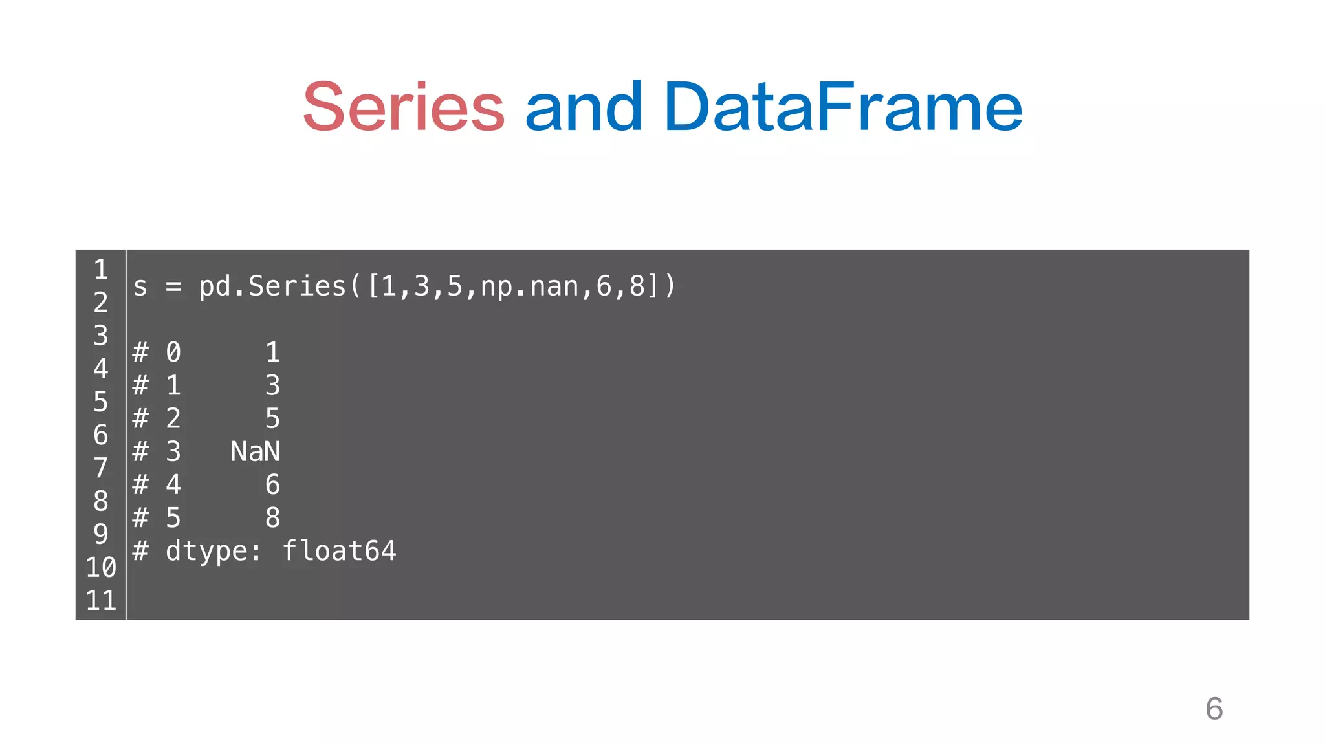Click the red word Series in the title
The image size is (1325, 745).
(x=404, y=107)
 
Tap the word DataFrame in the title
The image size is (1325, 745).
(x=842, y=107)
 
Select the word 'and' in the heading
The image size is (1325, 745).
(x=584, y=107)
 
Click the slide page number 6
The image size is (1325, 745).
(x=1214, y=709)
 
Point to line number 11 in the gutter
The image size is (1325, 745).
(x=101, y=601)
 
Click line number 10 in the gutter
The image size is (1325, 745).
(x=101, y=567)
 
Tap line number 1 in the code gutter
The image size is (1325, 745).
(x=101, y=270)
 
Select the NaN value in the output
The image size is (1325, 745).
(x=256, y=451)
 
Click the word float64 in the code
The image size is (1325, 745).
(x=339, y=551)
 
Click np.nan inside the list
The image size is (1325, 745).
(x=529, y=286)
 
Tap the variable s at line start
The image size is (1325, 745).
(x=140, y=286)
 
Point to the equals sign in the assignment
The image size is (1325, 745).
(x=173, y=286)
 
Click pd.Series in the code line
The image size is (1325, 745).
(x=272, y=286)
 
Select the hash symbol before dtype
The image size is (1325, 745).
(x=140, y=551)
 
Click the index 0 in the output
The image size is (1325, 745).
(x=173, y=352)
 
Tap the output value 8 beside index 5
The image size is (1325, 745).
(x=272, y=518)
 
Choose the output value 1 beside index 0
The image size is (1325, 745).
(x=272, y=352)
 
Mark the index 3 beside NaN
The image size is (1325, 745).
(x=173, y=451)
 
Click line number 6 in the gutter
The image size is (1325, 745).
(x=101, y=435)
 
